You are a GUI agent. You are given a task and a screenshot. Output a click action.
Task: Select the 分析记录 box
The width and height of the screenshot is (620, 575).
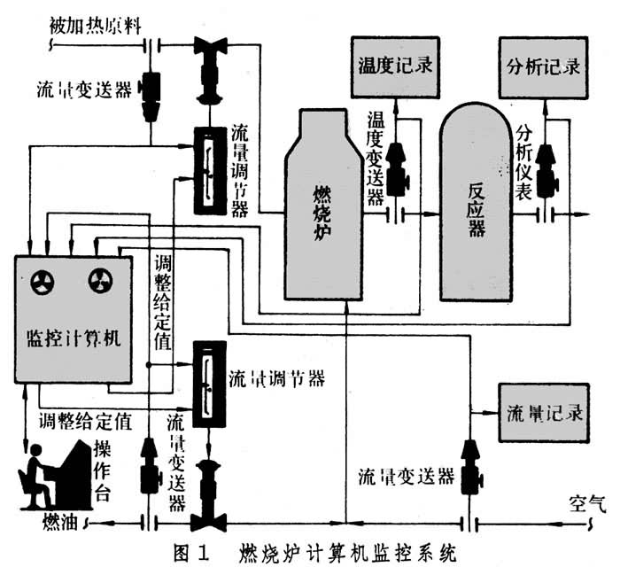(x=543, y=66)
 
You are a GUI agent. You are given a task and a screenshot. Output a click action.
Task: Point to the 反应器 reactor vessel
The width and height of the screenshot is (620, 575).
(x=477, y=204)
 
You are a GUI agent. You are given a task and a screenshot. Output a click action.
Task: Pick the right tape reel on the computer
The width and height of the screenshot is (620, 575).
(x=100, y=283)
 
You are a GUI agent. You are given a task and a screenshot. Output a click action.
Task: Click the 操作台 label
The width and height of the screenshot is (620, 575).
(x=103, y=470)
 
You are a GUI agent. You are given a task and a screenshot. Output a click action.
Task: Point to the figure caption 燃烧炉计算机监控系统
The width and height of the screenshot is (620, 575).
(x=345, y=556)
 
